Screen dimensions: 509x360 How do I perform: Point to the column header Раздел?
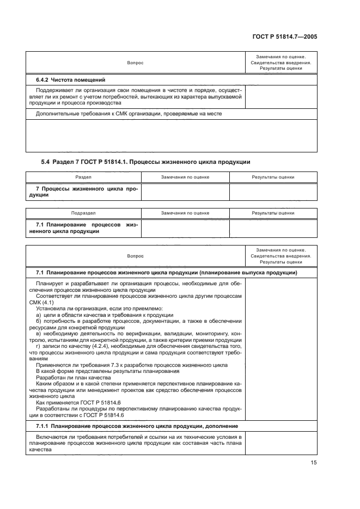coord(83,177)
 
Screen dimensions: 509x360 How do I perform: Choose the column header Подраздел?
coord(83,213)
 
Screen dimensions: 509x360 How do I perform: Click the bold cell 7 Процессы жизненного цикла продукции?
coord(83,192)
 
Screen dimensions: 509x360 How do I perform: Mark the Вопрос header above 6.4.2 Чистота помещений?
coord(135,63)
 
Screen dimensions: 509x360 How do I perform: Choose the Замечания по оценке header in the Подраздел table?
coord(185,213)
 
